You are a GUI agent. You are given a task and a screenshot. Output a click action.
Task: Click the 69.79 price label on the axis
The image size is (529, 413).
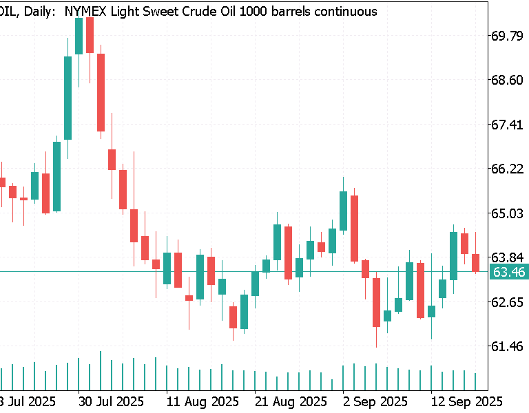point(506,36)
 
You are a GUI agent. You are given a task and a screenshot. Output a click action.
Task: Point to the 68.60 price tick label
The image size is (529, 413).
point(506,81)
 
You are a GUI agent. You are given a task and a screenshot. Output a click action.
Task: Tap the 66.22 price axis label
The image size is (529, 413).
point(506,169)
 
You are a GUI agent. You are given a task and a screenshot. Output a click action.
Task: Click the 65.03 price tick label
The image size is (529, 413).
point(506,213)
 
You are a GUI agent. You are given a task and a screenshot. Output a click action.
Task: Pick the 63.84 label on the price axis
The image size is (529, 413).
point(506,257)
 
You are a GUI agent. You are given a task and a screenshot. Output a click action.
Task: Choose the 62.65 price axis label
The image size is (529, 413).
point(506,302)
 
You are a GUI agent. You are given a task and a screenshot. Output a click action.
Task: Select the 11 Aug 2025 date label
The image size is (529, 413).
point(203,401)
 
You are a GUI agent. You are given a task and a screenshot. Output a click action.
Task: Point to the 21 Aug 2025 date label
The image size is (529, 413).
point(291,401)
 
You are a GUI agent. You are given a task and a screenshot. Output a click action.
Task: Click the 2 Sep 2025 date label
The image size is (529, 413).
point(375,401)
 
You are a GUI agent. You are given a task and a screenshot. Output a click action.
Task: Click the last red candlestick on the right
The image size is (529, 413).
point(476,262)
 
